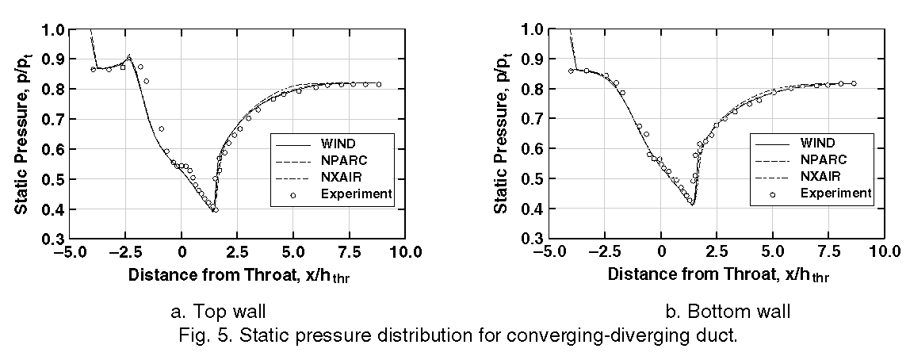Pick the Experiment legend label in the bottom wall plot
coord(835,193)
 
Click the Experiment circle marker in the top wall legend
coord(292,194)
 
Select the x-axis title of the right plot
coord(719,275)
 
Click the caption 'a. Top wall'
coord(219,312)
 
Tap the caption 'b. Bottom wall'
coord(728,312)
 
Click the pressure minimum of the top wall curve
coord(215,211)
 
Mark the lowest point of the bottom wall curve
coord(692,205)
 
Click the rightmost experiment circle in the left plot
coord(379,84)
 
